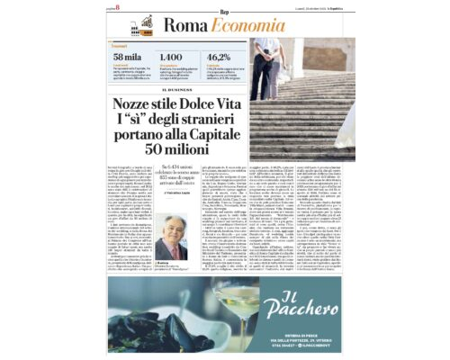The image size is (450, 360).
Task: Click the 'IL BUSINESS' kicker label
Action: click(x=177, y=89)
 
